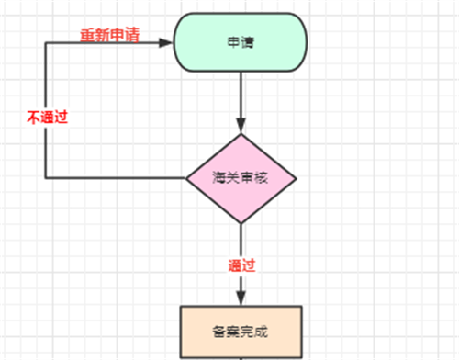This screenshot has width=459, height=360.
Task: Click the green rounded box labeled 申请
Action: pyautogui.click(x=241, y=43)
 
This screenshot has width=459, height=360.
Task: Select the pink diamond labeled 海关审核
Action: pyautogui.click(x=241, y=178)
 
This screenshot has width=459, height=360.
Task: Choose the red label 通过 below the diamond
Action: pyautogui.click(x=241, y=265)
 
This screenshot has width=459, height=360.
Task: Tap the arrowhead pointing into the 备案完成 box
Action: pyautogui.click(x=241, y=298)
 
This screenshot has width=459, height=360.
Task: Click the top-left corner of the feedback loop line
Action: pyautogui.click(x=45, y=42)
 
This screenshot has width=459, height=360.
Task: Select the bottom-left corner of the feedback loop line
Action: pyautogui.click(x=45, y=178)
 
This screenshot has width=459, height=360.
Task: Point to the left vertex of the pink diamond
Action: pyautogui.click(x=186, y=178)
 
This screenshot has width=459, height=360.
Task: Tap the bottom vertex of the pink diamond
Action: pyautogui.click(x=241, y=223)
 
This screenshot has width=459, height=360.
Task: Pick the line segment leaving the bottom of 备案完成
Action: pyautogui.click(x=241, y=355)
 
